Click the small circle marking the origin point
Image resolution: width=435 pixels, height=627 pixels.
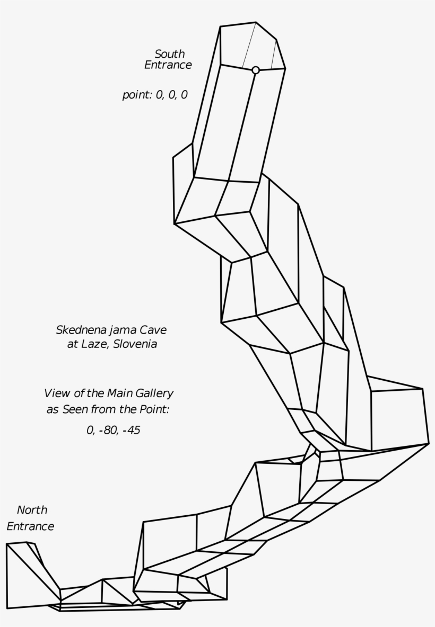pyautogui.click(x=255, y=70)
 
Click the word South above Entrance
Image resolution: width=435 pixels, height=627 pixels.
pyautogui.click(x=169, y=54)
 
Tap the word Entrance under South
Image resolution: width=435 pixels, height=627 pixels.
pyautogui.click(x=168, y=65)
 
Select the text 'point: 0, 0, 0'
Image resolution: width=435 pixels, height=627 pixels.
pyautogui.click(x=154, y=95)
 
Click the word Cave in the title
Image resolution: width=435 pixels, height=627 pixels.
pyautogui.click(x=153, y=330)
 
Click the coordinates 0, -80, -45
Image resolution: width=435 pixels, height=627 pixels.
pyautogui.click(x=113, y=430)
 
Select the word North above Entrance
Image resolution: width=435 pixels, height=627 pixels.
pyautogui.click(x=32, y=510)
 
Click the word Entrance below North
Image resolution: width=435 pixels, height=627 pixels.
pyautogui.click(x=30, y=526)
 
